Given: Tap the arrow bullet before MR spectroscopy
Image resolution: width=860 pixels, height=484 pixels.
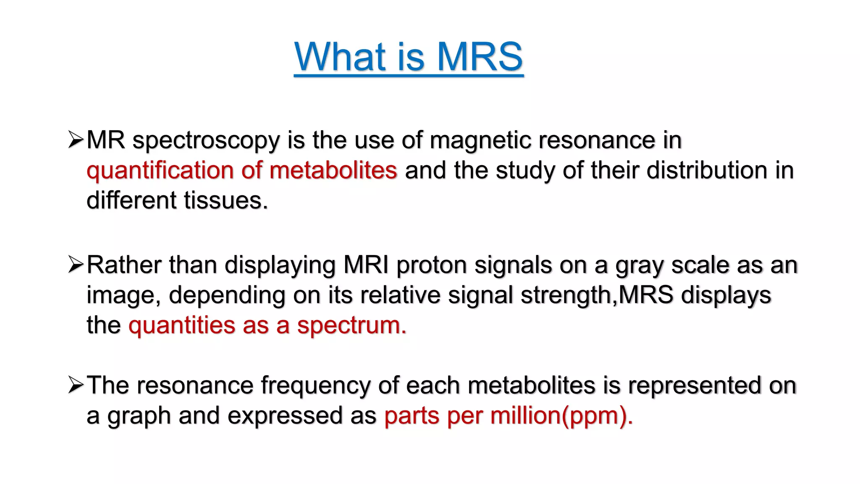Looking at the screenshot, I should coord(76,139).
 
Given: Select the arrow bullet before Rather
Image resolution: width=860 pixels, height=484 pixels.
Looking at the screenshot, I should coord(76,265).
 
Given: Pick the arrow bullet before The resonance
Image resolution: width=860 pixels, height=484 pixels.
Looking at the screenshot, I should coord(76,385).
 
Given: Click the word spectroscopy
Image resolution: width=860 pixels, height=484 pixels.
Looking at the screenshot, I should coord(206,141).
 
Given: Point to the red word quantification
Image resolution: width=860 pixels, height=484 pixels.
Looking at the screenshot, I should coord(160,171).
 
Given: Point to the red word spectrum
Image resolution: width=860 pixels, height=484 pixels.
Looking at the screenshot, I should coord(351,326).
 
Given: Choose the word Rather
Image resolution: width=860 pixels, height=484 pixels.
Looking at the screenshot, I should coord(124,265).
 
